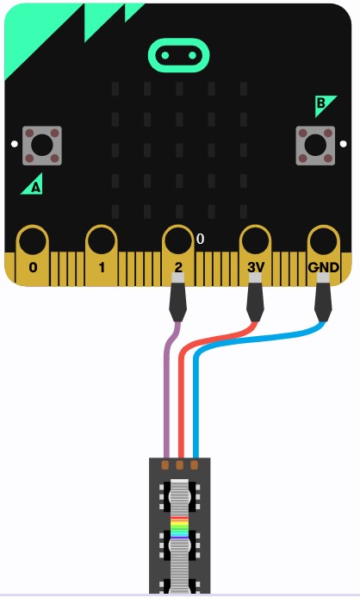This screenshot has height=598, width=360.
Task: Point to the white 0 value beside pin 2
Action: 200,240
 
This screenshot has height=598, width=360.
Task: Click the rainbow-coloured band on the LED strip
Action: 180,527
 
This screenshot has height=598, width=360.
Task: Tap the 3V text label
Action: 256,268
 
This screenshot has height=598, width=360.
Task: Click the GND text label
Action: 323,268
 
